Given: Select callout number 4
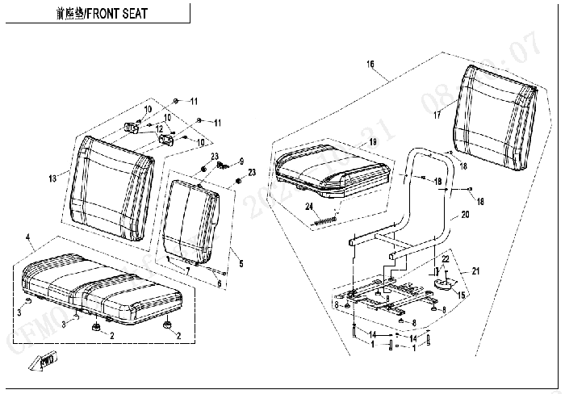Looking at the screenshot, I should (x=28, y=236).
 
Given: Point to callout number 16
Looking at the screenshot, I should (x=370, y=64).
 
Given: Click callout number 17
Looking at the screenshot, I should (x=437, y=115).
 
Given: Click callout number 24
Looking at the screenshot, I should (x=308, y=206).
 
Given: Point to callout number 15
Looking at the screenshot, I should (x=461, y=295).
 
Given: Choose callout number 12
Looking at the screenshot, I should (x=159, y=129).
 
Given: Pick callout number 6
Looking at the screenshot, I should (x=218, y=283).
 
